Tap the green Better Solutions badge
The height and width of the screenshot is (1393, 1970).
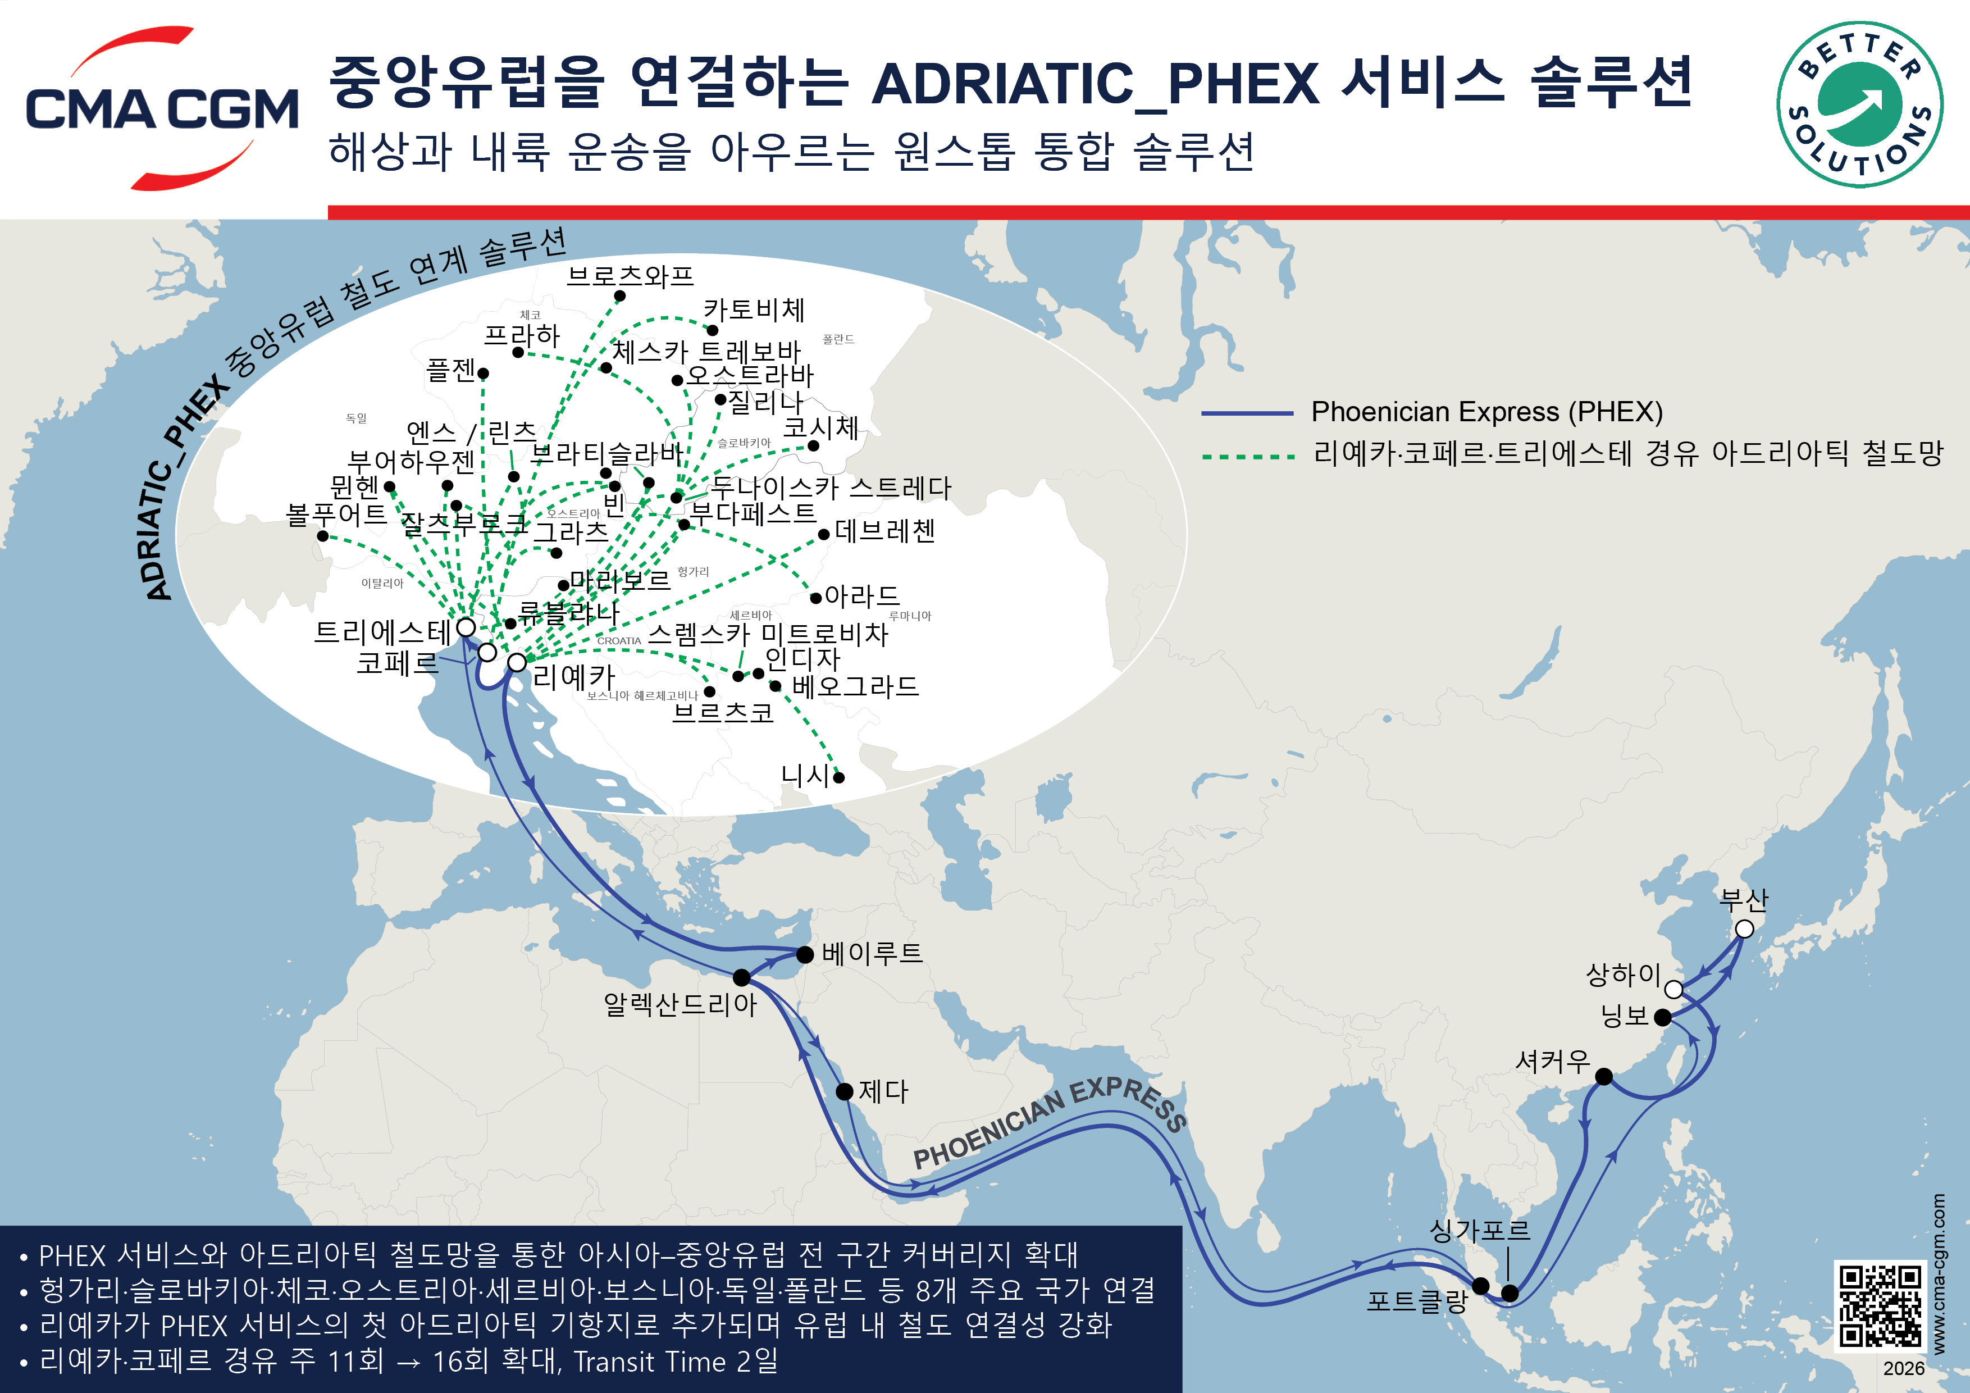[x=1859, y=104]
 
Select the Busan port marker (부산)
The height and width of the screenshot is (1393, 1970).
[x=1744, y=928]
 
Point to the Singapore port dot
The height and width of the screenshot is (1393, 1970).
[x=1510, y=1292]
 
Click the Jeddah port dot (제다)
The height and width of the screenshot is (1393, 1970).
[x=844, y=1091]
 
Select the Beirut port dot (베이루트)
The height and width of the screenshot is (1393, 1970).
[x=805, y=954]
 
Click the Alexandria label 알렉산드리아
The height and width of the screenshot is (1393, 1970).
[x=680, y=1004]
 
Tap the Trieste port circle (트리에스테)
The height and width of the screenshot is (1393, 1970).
[x=466, y=627]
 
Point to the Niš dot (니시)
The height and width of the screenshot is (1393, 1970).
[x=839, y=777]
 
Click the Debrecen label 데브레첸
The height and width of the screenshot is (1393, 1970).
[x=884, y=531]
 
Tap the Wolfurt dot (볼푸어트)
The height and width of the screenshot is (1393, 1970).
[x=322, y=535]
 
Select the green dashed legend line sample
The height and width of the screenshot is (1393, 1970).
[x=1248, y=457]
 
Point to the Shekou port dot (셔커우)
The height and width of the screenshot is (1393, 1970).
[x=1604, y=1076]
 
